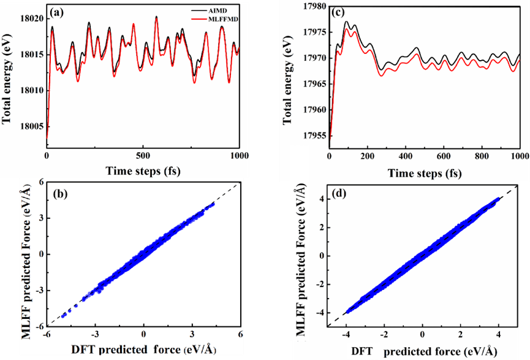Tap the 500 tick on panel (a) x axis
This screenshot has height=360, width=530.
pos(143,155)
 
